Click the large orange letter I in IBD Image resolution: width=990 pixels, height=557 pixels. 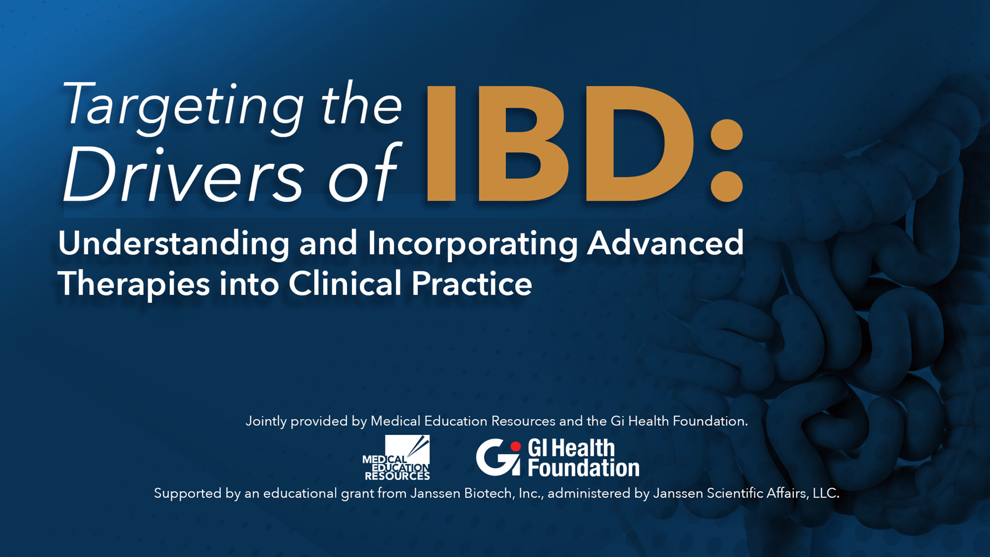441,144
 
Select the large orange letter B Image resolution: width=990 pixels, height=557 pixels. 523,144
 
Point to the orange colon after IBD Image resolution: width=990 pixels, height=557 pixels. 727,160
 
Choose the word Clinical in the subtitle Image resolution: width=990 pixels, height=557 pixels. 345,283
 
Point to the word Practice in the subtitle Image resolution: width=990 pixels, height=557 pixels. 472,283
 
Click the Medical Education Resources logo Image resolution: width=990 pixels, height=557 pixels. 396,458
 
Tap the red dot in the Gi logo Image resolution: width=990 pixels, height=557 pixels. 516,446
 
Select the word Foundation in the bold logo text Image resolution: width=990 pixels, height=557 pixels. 583,468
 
